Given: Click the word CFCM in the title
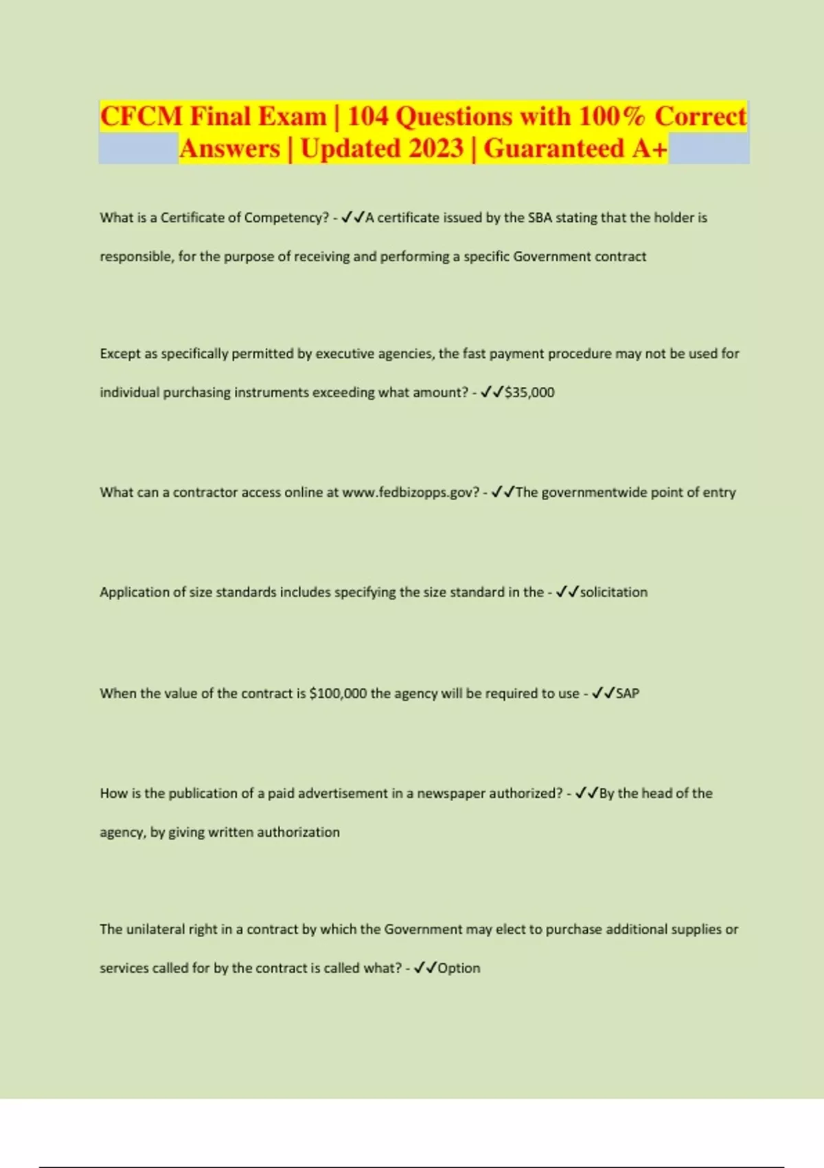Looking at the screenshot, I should coord(141,116).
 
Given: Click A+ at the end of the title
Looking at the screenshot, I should coord(650,148).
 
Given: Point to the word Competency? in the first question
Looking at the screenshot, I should coord(286,218).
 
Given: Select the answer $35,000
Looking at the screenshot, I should coord(529,392).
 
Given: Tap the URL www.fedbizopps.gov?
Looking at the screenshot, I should coord(411,493).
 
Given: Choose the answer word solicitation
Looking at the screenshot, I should coord(614,592).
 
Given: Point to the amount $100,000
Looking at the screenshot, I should coord(338,693).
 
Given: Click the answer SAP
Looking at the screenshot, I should coord(628,693).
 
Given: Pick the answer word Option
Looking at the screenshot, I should coord(459,968).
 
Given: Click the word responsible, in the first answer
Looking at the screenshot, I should coord(137,257).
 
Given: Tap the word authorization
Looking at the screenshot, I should coord(298,832).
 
